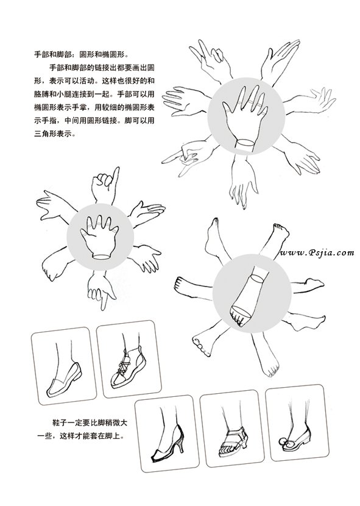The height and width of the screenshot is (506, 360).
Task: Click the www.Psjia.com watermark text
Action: click(317, 253)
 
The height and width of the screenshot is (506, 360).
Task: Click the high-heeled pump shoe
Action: click(168, 444)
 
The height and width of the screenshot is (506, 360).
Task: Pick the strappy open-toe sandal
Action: click(233, 442)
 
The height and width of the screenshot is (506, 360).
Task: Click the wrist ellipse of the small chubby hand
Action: click(101, 257)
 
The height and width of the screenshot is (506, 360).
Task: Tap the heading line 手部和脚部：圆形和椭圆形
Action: click(82, 54)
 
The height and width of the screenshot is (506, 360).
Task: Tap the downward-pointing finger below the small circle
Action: click(104, 302)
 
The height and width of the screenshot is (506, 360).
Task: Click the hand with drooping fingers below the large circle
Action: click(242, 182)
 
